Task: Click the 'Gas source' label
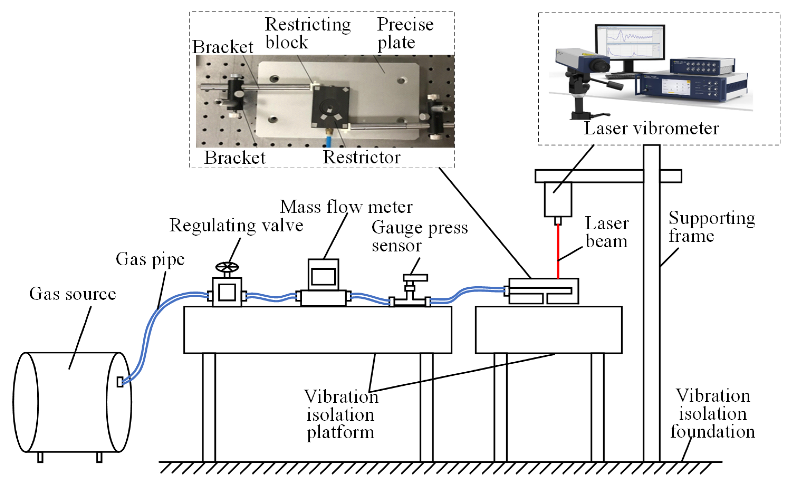coord(73,294)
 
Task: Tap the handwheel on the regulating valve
coord(227,267)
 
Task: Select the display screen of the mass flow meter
coord(323,276)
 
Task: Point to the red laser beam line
coord(558,250)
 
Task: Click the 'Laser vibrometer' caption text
coord(651,129)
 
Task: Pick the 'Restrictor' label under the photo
coord(361,157)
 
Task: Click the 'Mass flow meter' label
coord(346,207)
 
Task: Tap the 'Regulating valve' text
coord(236,225)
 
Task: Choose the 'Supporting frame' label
coord(712,227)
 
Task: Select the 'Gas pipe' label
coord(150,259)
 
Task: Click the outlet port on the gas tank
coord(120,382)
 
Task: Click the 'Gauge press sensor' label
coord(419,236)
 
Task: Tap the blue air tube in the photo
coord(329,141)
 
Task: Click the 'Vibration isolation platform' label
coord(341,414)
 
